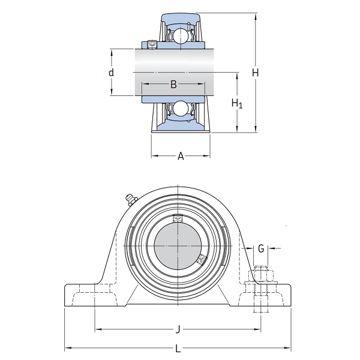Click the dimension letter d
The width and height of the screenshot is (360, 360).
[x=111, y=73]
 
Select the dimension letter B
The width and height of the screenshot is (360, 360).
[x=173, y=85]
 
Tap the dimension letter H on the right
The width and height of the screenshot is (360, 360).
[x=255, y=73]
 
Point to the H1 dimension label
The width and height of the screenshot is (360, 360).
[x=237, y=104]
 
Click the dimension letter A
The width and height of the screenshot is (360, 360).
[x=181, y=157]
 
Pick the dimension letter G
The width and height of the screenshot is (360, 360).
[x=260, y=248]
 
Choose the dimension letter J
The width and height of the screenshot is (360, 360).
[x=178, y=329]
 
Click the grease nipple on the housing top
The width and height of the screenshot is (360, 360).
[x=129, y=199]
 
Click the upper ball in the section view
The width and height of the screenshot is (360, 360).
[x=180, y=35]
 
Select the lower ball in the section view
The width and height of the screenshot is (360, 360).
[x=180, y=109]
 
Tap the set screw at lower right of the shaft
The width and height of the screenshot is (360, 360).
[x=200, y=260]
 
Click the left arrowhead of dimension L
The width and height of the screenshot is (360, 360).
[x=67, y=349]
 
